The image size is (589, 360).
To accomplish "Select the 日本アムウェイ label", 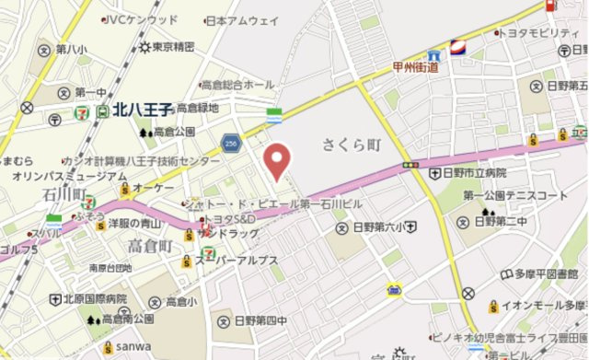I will click(243, 19).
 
